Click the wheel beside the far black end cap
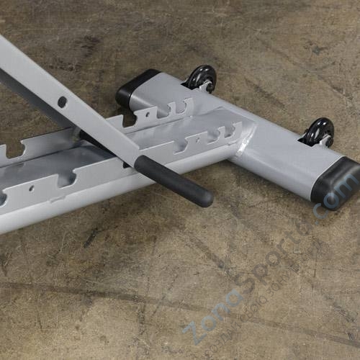[x=202, y=76]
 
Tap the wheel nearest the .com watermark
[x=318, y=131]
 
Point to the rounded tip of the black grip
[x=207, y=197]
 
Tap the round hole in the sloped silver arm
[x=63, y=102]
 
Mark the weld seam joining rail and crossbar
[x=243, y=137]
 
